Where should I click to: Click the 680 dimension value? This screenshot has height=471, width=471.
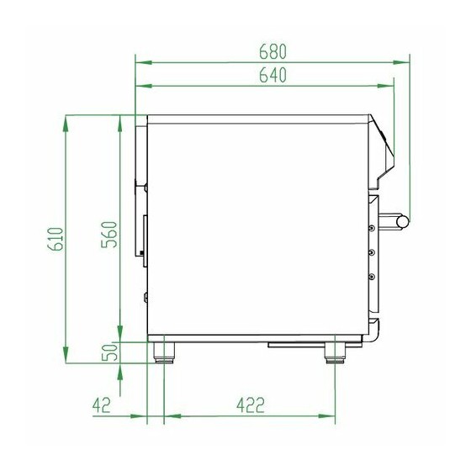pyautogui.click(x=273, y=51)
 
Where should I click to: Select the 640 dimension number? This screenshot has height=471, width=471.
pyautogui.click(x=273, y=75)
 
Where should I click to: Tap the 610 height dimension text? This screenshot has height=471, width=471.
pyautogui.click(x=56, y=239)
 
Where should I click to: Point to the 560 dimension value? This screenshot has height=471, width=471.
pyautogui.click(x=108, y=235)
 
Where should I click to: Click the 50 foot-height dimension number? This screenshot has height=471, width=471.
pyautogui.click(x=109, y=352)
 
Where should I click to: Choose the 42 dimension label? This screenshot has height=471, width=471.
pyautogui.click(x=102, y=405)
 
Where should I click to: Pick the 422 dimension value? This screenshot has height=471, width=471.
pyautogui.click(x=251, y=405)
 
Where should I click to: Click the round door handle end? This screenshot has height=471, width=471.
pyautogui.click(x=403, y=222)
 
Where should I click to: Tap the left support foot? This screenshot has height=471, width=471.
pyautogui.click(x=164, y=353)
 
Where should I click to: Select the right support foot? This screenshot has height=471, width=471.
pyautogui.click(x=335, y=353)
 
